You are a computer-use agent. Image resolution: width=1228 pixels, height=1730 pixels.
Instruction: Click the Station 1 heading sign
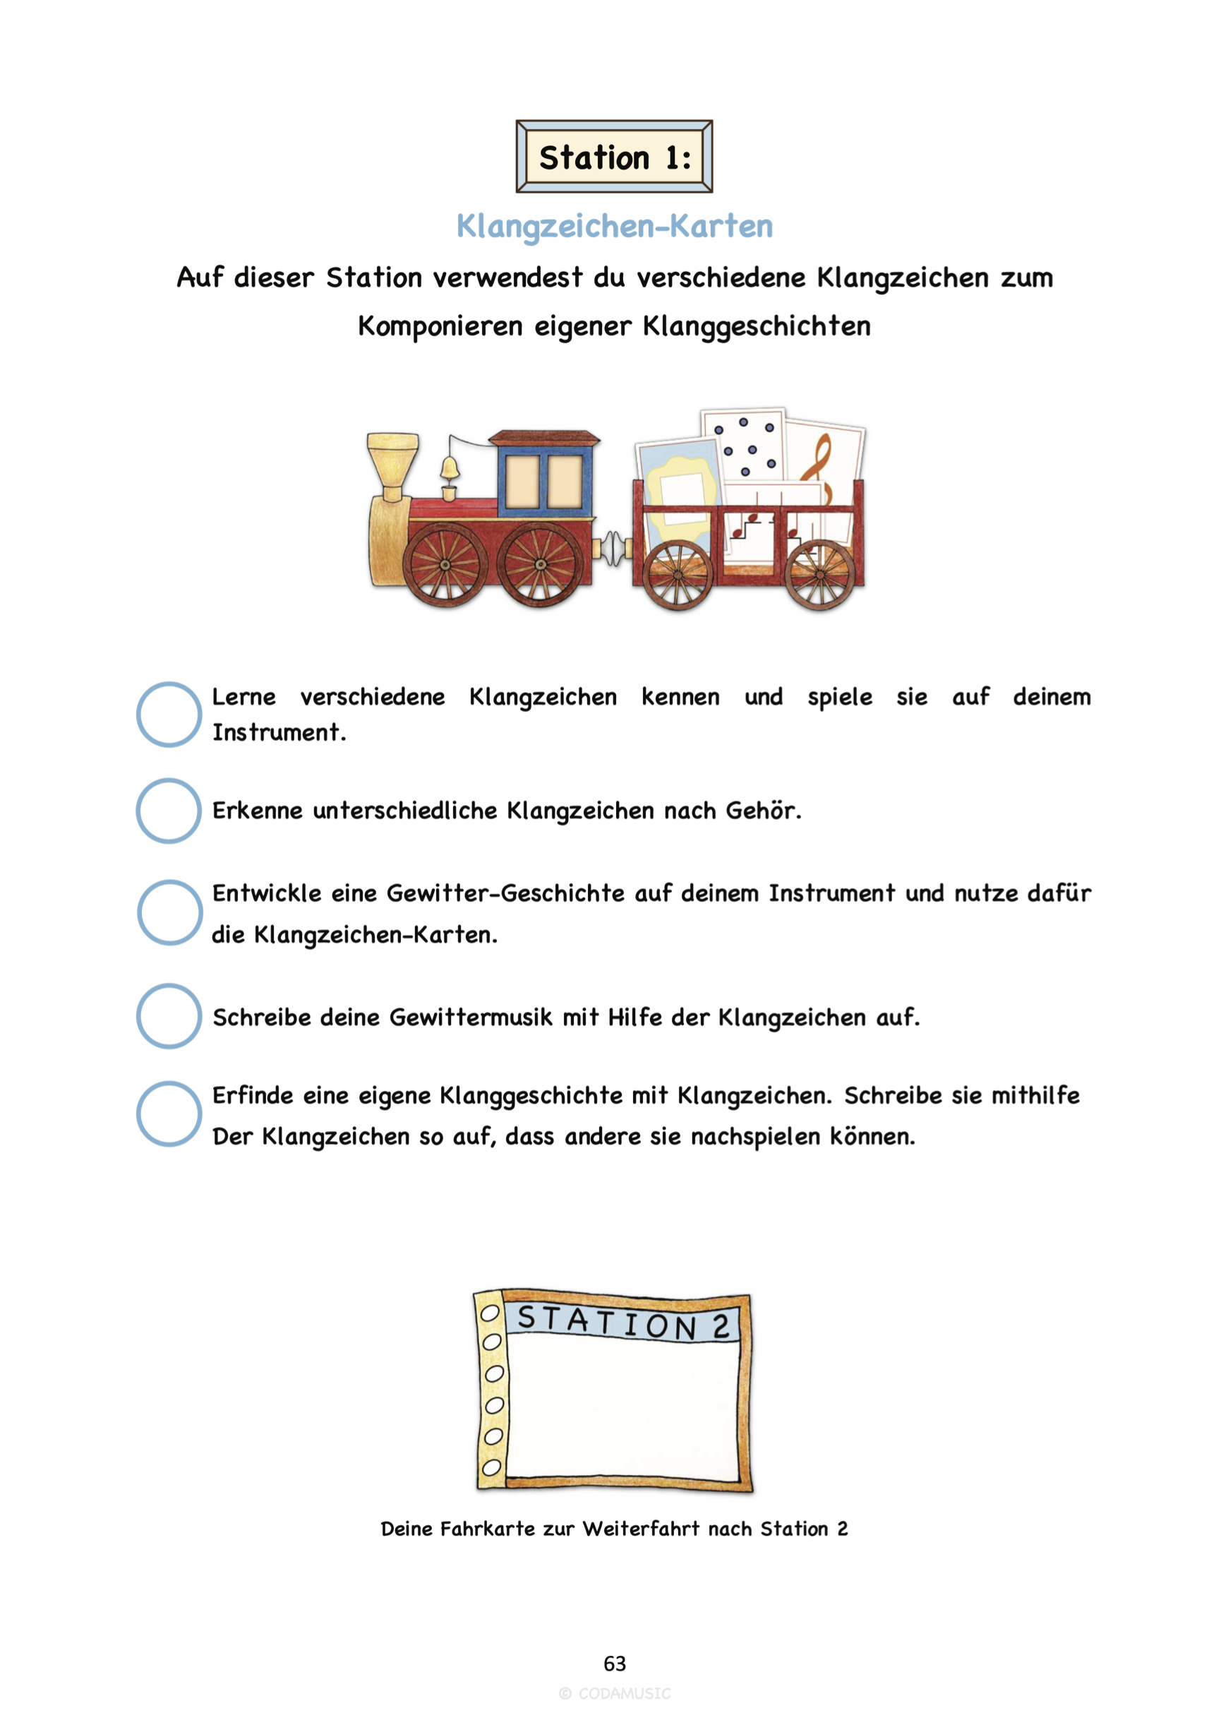click(614, 157)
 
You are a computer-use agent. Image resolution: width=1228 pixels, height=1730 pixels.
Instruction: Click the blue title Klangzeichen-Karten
click(614, 225)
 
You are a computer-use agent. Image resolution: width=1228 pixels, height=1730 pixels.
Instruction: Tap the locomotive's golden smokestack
click(392, 465)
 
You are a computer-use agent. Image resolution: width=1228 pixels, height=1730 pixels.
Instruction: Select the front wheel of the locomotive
click(445, 564)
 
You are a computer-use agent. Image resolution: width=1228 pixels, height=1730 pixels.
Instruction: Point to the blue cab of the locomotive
click(543, 477)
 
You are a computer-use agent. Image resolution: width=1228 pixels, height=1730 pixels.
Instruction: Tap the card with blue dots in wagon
click(744, 446)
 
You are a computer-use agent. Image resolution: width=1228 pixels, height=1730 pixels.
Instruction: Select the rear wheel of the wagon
click(819, 576)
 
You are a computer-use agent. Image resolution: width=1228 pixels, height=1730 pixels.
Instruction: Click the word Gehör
click(762, 810)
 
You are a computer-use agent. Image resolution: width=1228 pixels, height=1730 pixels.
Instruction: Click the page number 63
click(615, 1664)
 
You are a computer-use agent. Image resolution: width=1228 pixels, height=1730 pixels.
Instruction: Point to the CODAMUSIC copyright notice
click(615, 1694)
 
